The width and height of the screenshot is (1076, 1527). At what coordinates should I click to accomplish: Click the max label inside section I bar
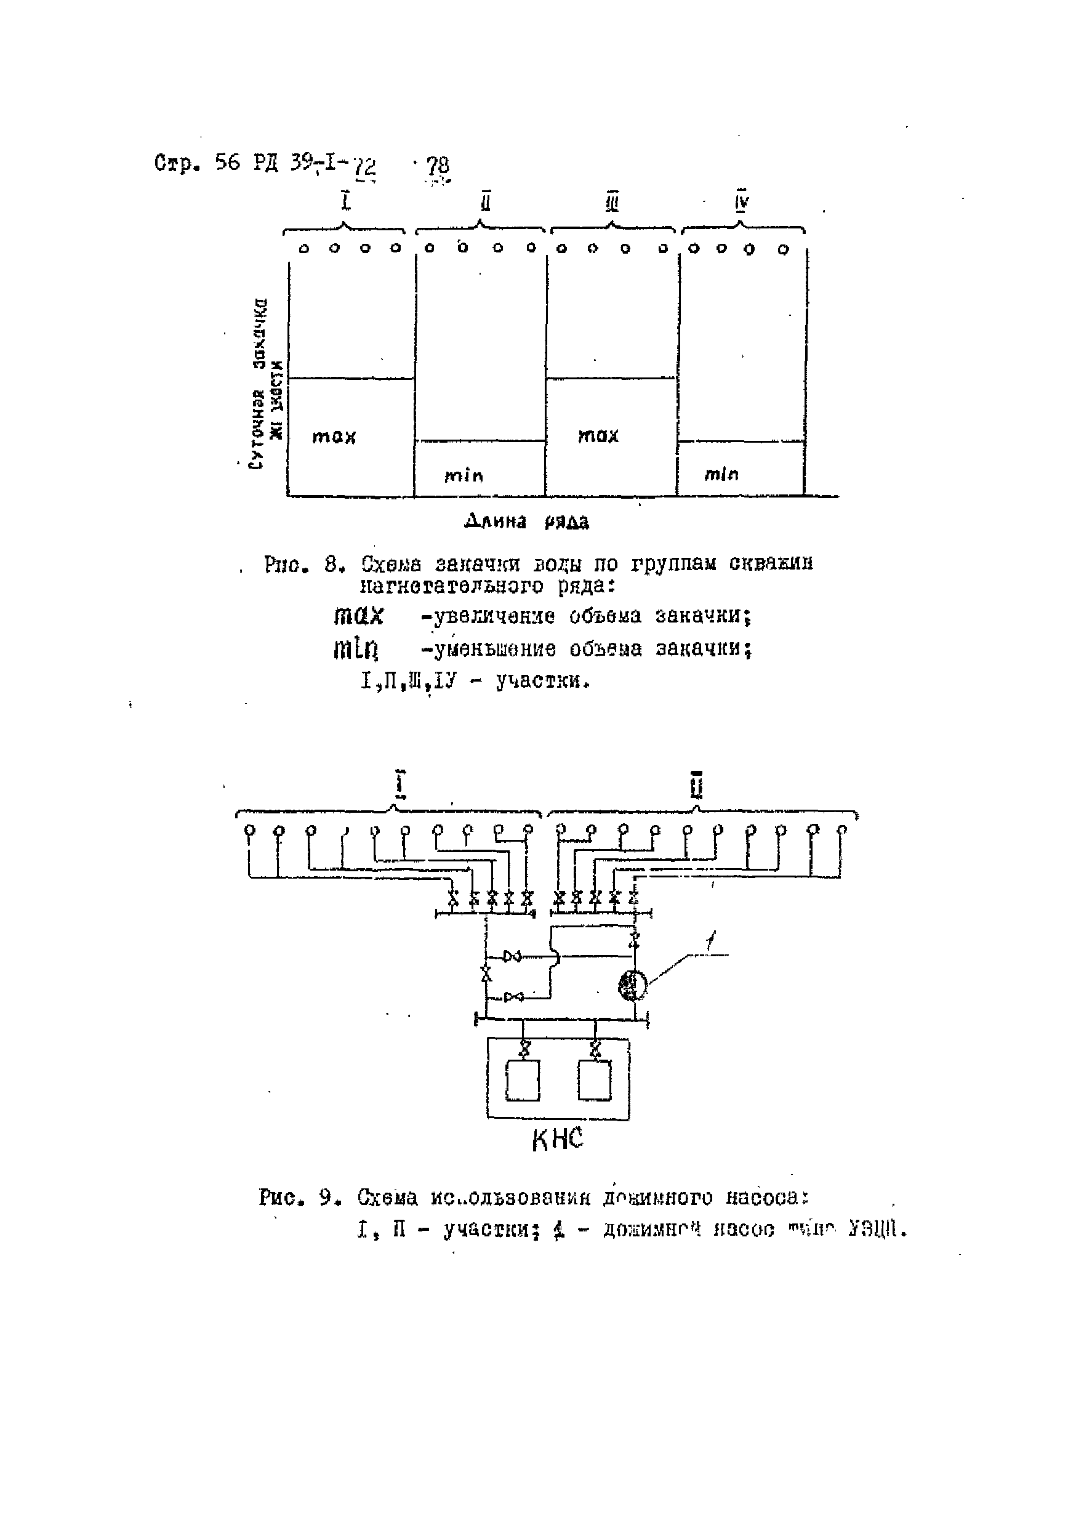(334, 437)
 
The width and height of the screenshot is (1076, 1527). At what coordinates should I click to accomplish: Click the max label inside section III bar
(598, 435)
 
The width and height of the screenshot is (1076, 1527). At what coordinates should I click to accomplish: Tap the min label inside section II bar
(464, 475)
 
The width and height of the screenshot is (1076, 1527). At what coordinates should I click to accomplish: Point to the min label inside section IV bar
(721, 474)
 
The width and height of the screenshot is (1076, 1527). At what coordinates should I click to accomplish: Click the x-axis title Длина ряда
(526, 522)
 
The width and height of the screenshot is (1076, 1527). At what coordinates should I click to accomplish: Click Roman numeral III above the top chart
(612, 202)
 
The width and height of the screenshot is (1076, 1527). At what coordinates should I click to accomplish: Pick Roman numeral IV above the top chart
(742, 201)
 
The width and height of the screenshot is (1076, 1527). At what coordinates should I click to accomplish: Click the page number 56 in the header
(227, 163)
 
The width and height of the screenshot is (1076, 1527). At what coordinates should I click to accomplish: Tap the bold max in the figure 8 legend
(358, 615)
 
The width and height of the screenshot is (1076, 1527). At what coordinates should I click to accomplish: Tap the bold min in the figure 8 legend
(356, 648)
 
